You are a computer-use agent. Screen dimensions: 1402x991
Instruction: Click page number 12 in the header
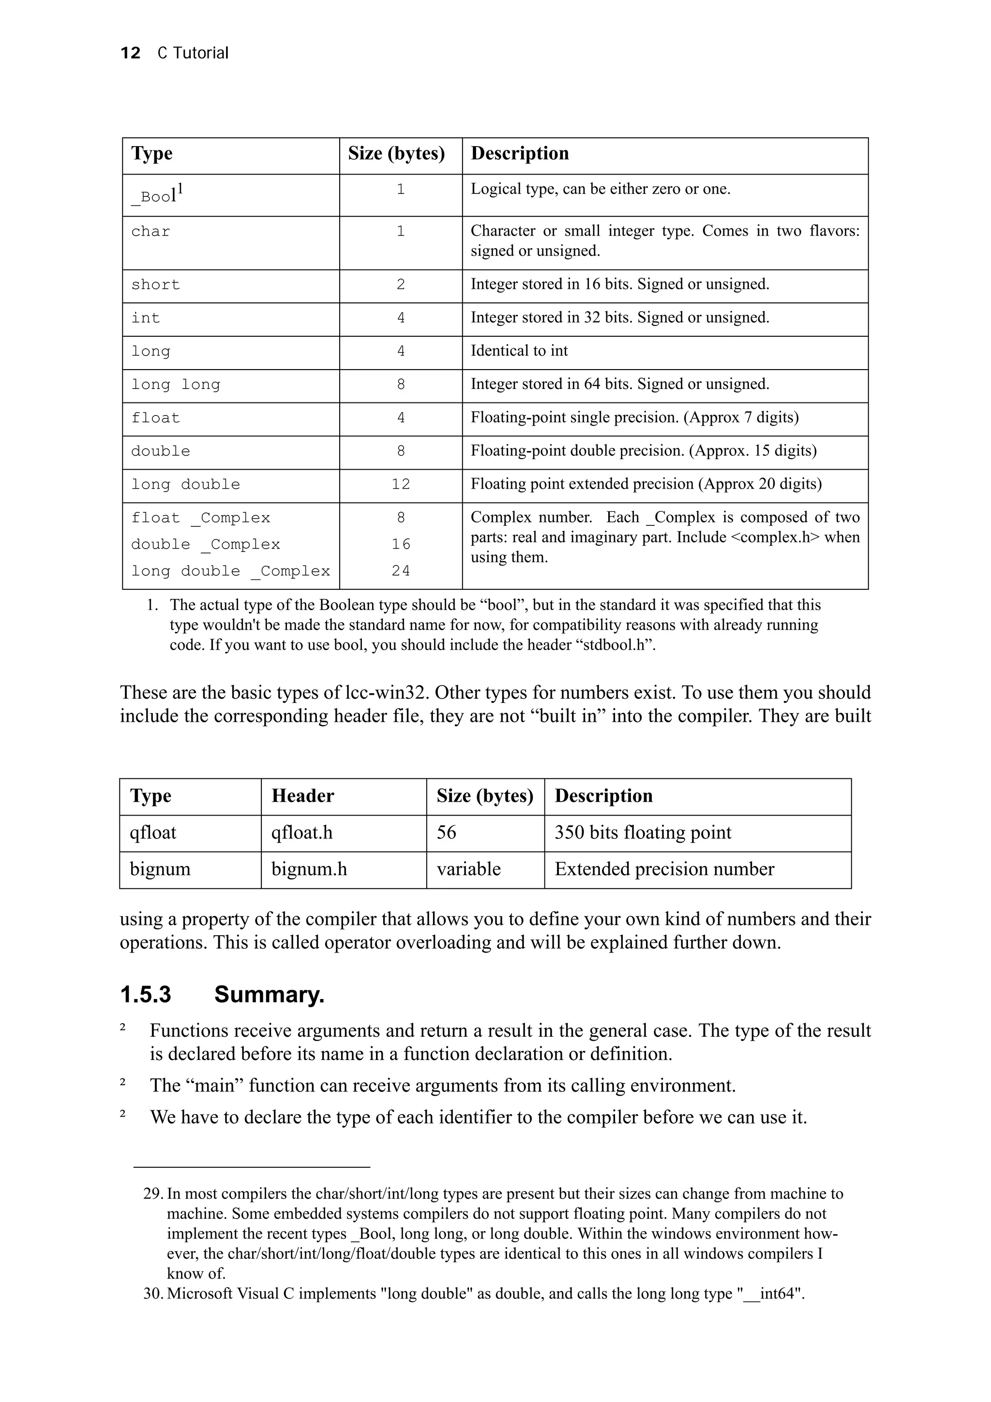pyautogui.click(x=130, y=53)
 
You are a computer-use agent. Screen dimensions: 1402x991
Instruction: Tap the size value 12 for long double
pyautogui.click(x=401, y=484)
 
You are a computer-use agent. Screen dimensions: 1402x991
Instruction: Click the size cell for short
pyautogui.click(x=401, y=284)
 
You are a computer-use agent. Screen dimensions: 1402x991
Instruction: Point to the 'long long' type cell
pyautogui.click(x=175, y=385)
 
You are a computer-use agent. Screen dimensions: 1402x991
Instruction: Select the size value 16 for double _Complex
pyautogui.click(x=401, y=544)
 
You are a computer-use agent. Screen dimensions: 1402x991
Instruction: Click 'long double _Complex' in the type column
pyautogui.click(x=230, y=571)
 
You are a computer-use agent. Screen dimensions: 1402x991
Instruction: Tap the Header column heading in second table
pyautogui.click(x=303, y=796)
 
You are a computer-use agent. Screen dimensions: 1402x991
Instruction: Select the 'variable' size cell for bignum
pyautogui.click(x=468, y=869)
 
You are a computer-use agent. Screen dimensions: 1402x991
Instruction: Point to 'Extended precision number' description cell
pyautogui.click(x=664, y=869)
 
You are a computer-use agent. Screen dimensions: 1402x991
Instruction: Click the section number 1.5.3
pyautogui.click(x=146, y=995)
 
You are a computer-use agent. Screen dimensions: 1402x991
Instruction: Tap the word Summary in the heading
pyautogui.click(x=269, y=995)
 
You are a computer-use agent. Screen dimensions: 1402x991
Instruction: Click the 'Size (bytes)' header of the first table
pyautogui.click(x=396, y=153)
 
